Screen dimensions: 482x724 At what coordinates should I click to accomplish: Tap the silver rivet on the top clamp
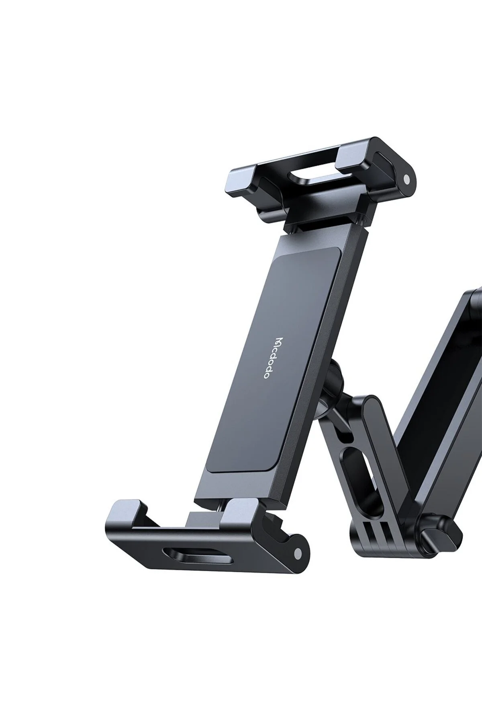[406, 179]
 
